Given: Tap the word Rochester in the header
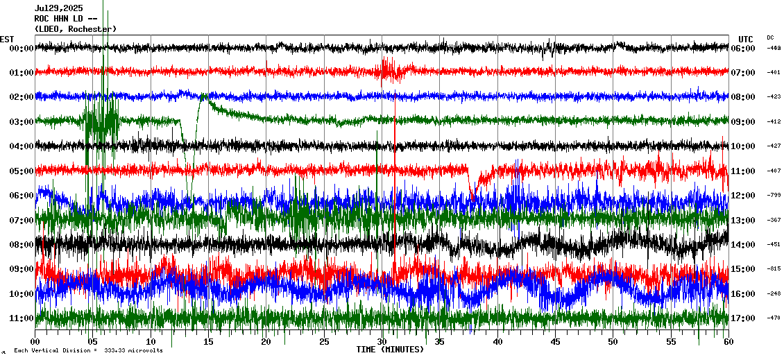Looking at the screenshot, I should point(91,28).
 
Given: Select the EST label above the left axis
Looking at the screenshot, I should point(7,39).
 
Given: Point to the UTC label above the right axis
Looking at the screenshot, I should point(746,39).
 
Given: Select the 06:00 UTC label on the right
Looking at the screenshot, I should point(742,49).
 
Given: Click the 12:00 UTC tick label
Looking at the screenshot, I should point(742,196).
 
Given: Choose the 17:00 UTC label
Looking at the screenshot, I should point(742,318).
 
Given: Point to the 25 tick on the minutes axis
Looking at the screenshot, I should point(324,341).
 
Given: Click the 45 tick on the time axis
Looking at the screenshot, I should point(555,341).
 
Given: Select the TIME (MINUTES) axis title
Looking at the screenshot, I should point(390,350).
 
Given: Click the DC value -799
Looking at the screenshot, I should point(774,196).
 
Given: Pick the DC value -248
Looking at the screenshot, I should point(774,293).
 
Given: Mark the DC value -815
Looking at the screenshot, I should point(774,269).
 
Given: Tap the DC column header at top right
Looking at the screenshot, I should point(770,37).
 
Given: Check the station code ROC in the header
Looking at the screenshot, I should point(42,19).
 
